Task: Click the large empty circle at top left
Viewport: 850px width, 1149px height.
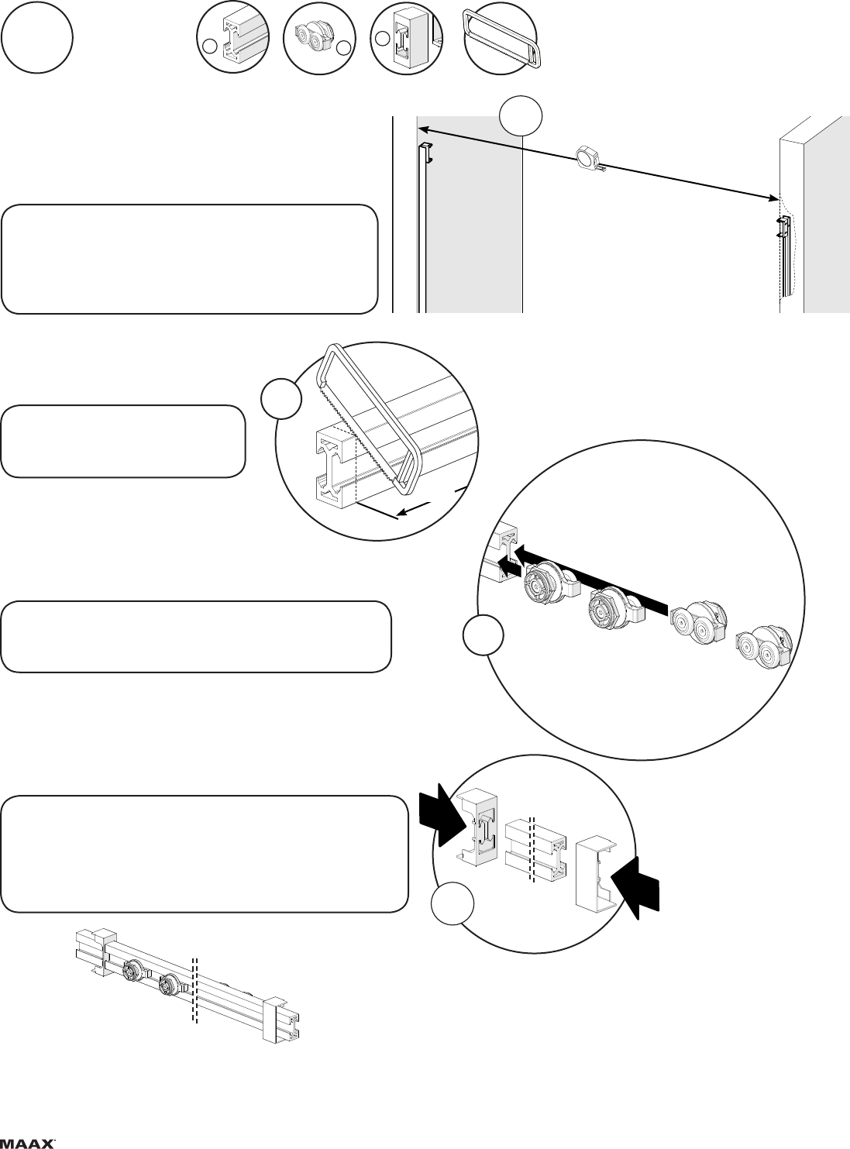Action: click(36, 41)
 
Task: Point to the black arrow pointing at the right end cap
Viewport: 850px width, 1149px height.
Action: click(635, 889)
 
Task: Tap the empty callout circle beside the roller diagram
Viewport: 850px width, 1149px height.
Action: click(484, 635)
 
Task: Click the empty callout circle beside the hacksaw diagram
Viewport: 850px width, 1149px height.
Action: click(281, 398)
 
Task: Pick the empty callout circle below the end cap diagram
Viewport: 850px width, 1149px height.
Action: click(453, 903)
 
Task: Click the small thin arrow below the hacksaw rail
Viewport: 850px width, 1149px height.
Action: click(415, 509)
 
